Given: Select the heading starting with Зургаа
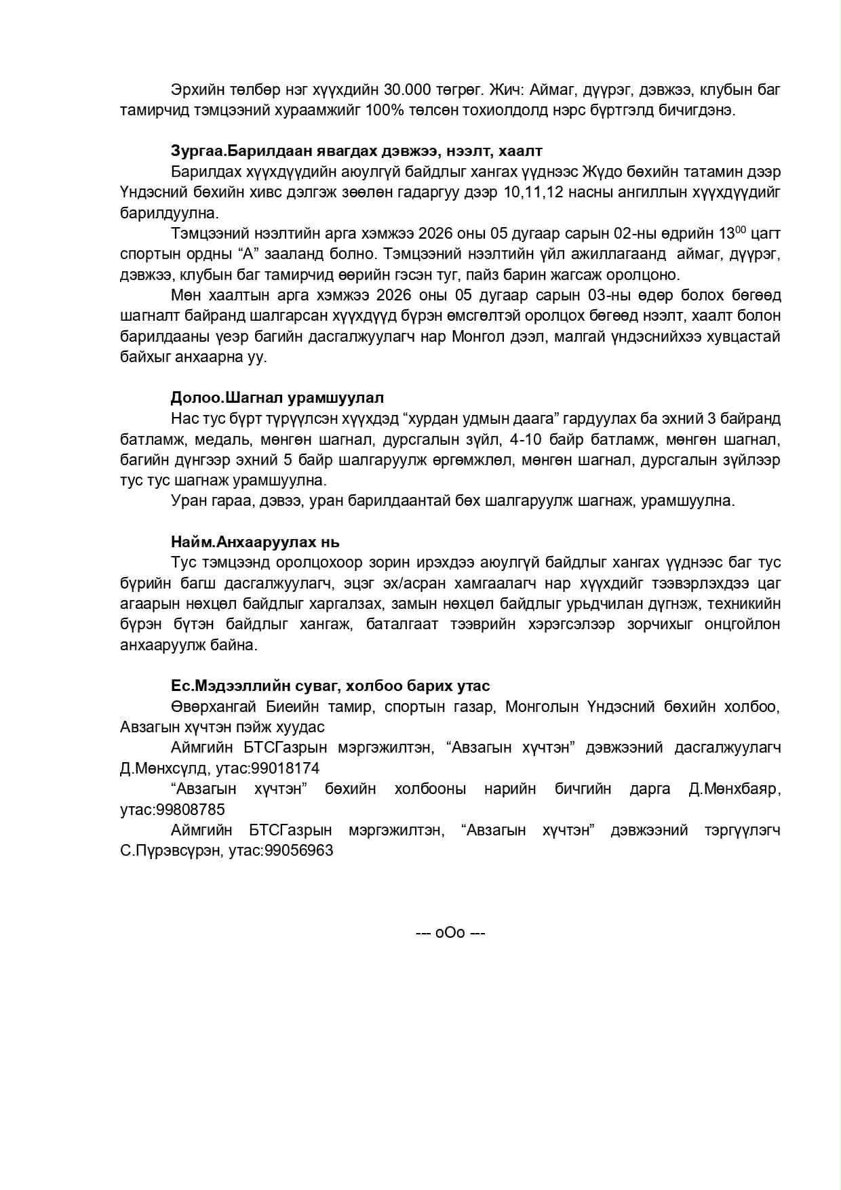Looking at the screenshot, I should point(356,151).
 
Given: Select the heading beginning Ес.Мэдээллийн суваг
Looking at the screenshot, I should point(330,686).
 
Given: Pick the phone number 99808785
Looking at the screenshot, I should point(191,810).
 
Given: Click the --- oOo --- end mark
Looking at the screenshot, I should point(450,933).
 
